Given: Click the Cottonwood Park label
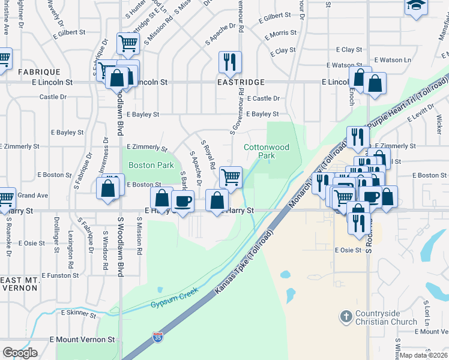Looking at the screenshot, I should coord(267,151).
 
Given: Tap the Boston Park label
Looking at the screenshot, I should coord(152,165).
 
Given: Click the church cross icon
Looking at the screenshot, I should coord(346,316).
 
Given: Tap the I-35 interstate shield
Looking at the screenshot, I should coord(158,338).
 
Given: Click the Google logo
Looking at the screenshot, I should coord(20,353).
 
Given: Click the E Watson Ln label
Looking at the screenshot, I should coord(393,60).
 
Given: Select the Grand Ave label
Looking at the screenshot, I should coord(32,196).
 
